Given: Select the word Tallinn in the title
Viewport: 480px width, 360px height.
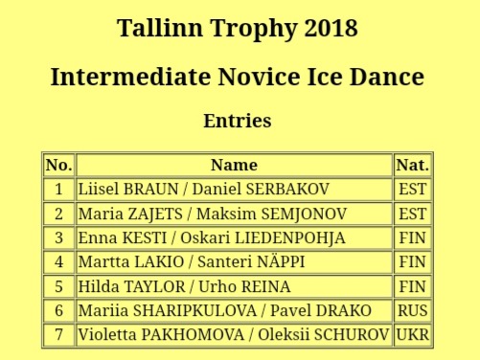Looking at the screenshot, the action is pos(160,28).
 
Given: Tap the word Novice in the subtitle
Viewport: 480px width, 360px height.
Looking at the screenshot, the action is pos(259,78).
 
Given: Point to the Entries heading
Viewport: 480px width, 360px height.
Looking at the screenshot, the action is pos(238,121).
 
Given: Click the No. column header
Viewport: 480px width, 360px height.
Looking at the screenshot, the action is pos(58,165).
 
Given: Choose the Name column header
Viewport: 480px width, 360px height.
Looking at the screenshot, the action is pos(235,165).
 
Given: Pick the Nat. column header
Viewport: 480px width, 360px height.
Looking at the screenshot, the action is pos(413,165).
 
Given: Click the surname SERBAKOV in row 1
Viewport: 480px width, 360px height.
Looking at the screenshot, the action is pos(287,189).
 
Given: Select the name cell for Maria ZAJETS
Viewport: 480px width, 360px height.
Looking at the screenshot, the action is pos(235,214).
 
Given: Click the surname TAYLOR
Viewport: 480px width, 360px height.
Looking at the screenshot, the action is pos(154,286).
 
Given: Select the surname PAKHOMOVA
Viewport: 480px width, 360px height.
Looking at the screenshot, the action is pos(193,335).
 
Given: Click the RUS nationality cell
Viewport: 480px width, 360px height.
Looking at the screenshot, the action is pos(413,310).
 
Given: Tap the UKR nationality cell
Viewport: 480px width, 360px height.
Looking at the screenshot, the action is pos(413,335).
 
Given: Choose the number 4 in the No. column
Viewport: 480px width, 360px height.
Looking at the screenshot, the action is pos(58,262).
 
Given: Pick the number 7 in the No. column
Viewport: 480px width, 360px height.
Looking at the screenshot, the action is pos(58,335).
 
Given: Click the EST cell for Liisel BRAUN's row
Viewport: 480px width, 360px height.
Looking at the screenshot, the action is pos(413,189).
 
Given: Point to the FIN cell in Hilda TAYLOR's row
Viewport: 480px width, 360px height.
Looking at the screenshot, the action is pos(413,286).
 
